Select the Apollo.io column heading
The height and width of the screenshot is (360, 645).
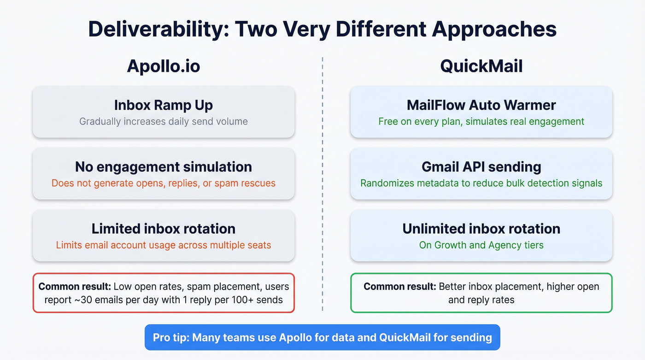pos(164,66)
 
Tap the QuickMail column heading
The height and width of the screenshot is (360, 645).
pos(481,66)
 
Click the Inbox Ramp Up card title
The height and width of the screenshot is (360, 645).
pos(164,105)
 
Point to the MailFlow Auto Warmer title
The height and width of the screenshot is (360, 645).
pos(481,105)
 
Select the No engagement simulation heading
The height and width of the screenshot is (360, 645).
pos(164,167)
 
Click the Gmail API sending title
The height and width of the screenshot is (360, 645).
pos(481,167)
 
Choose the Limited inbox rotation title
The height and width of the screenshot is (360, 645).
pos(164,229)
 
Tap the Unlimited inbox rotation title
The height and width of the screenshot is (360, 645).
pos(481,229)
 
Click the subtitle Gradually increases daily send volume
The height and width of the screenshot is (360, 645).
pos(164,122)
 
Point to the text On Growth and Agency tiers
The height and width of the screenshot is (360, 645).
pos(481,245)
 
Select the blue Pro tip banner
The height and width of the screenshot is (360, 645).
pos(322,337)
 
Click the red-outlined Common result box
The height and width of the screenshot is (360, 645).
pos(164,293)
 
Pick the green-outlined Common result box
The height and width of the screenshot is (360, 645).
pos(481,293)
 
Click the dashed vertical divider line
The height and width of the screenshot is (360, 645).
pos(322,184)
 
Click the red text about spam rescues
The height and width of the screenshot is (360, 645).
pos(164,183)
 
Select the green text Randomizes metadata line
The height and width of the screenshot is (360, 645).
pos(481,183)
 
